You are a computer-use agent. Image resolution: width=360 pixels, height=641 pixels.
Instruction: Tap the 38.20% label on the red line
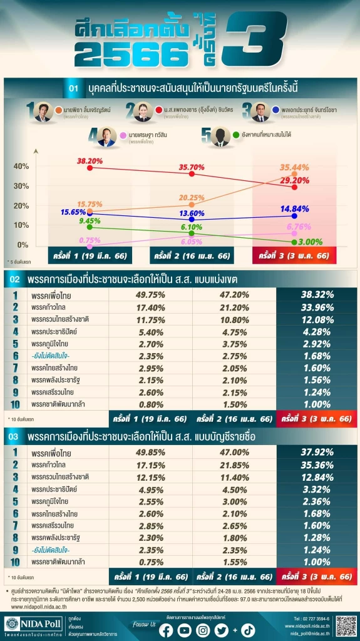click(x=90, y=161)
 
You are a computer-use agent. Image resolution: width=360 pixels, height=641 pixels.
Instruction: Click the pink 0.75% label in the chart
click(x=90, y=240)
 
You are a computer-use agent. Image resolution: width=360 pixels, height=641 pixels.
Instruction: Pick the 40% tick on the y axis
click(x=21, y=167)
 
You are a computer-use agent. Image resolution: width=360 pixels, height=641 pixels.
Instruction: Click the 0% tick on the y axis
click(x=23, y=245)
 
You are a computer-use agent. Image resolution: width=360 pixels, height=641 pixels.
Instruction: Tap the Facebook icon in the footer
click(x=166, y=630)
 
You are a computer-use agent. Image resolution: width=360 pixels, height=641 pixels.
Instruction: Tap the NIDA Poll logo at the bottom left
click(x=29, y=626)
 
